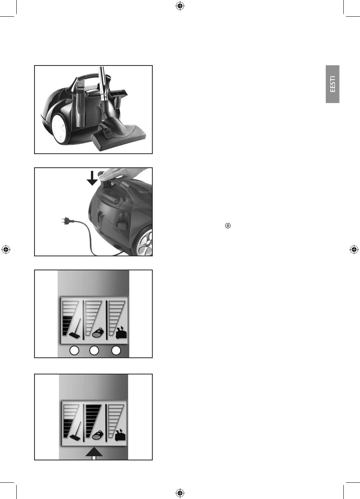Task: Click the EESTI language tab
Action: pyautogui.click(x=332, y=84)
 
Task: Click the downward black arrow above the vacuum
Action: pyautogui.click(x=92, y=178)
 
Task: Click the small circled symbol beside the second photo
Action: pyautogui.click(x=228, y=225)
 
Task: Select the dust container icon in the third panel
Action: pyautogui.click(x=121, y=333)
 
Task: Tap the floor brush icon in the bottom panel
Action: pyautogui.click(x=75, y=431)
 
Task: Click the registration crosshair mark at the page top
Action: pyautogui.click(x=180, y=6)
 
